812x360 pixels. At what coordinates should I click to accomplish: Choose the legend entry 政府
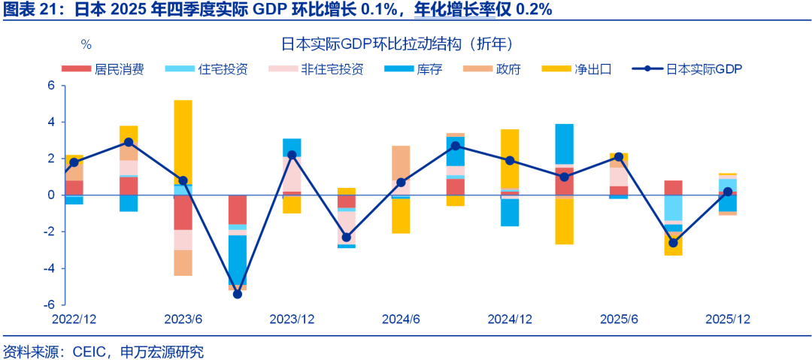508,69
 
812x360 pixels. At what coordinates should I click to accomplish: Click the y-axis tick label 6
51,86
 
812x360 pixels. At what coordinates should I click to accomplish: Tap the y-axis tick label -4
49,268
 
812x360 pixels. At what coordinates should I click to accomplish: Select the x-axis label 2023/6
183,319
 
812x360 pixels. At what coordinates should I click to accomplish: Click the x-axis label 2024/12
510,319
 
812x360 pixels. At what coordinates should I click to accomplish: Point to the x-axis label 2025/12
728,319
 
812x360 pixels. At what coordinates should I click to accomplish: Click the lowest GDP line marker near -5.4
238,294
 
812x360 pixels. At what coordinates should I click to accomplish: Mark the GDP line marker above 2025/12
728,192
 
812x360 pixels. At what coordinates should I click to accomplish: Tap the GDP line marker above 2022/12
74,162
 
